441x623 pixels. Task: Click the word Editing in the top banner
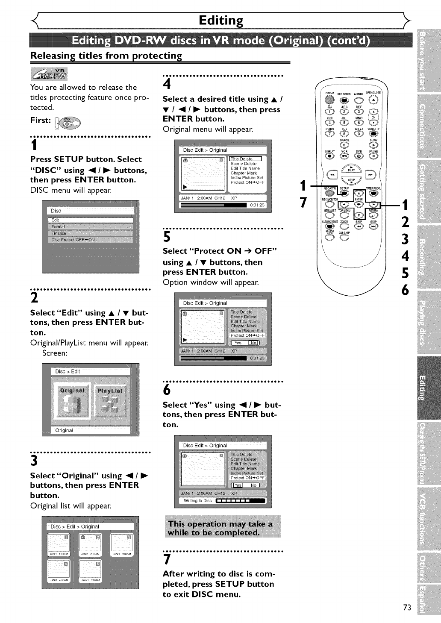tap(221, 20)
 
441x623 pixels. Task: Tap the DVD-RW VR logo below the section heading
tap(49, 74)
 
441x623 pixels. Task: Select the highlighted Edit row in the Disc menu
tap(90, 220)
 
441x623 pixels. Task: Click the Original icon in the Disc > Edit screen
tap(72, 400)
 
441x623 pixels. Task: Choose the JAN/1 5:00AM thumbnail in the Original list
tap(91, 571)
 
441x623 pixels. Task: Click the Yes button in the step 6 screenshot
tap(238, 485)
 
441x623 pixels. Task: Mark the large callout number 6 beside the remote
tap(405, 291)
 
